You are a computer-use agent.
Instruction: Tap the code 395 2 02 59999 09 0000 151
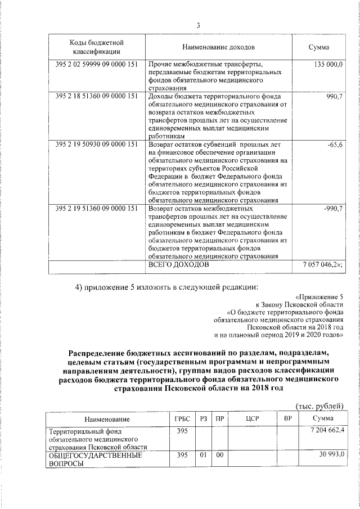tap(97, 65)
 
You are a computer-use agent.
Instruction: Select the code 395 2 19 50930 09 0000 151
tap(97, 145)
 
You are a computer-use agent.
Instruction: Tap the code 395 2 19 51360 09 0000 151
tap(97, 209)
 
